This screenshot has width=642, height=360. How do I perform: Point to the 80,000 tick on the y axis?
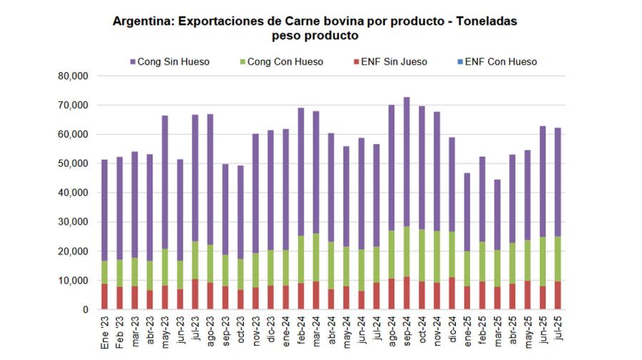(x=73, y=76)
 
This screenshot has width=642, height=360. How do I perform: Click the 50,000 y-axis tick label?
(x=73, y=163)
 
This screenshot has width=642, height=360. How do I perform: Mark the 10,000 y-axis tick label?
(x=73, y=280)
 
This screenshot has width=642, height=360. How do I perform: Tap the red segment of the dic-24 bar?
(x=452, y=293)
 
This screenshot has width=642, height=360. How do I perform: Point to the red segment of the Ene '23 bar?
(x=104, y=297)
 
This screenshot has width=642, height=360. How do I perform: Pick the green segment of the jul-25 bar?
(x=558, y=259)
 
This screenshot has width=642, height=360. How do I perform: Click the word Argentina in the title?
(x=143, y=21)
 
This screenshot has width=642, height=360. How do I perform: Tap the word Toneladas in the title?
(x=484, y=21)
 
